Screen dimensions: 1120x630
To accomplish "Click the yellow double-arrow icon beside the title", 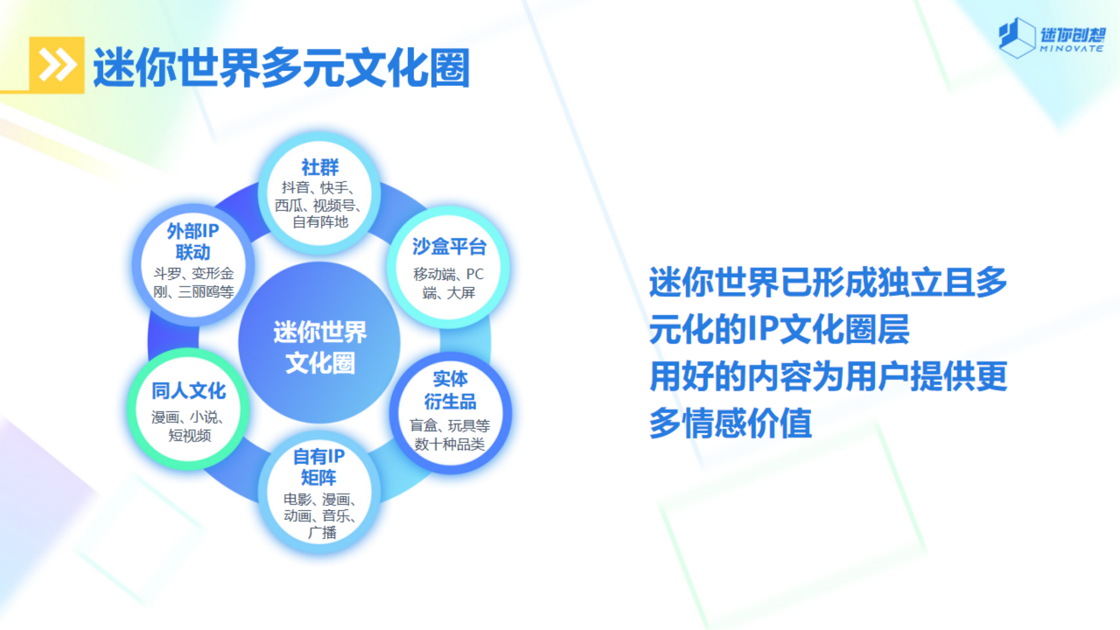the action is point(57,65).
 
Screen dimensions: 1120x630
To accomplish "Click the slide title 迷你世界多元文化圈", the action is point(282,67).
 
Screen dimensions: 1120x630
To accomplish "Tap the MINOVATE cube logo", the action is point(1052,38).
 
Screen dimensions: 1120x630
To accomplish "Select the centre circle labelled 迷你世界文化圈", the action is point(320,343).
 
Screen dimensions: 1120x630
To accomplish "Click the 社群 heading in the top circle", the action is point(320,167).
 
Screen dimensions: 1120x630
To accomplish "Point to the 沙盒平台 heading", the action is point(449,247).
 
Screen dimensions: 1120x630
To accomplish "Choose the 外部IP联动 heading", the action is point(193,241).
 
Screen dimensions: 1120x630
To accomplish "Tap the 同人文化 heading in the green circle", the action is point(189,391).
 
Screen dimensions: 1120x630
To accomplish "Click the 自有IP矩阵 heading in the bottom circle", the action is point(319,467).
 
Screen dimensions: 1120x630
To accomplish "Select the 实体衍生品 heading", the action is point(451,390).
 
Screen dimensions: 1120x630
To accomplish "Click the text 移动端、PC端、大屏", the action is point(449,283).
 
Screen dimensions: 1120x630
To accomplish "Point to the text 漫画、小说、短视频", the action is point(189,426).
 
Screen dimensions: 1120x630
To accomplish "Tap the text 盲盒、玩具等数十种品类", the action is point(450,435).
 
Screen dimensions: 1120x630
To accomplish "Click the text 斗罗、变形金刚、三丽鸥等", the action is point(194,283).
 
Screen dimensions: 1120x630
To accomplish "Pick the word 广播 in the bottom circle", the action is point(322,533).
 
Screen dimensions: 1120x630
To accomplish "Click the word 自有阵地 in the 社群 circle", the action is point(320,222).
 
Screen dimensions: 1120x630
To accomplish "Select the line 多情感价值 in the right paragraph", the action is point(730,423).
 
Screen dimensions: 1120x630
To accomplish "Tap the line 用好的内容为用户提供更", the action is point(828,376).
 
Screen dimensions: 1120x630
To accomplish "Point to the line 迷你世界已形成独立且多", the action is point(828,282).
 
